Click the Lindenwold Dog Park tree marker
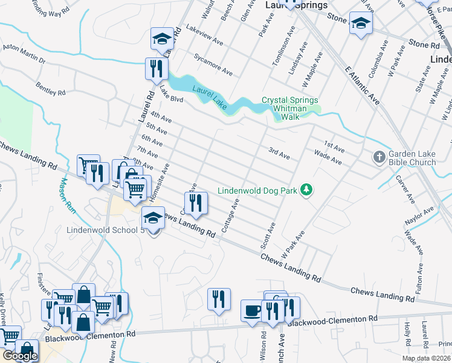307,191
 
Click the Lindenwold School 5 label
103,231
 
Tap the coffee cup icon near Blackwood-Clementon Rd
251,310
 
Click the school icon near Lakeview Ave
161,39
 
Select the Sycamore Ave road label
213,66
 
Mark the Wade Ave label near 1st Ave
328,159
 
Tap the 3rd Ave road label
279,153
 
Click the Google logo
20,356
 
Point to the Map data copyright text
426,358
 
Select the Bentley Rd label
50,89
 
